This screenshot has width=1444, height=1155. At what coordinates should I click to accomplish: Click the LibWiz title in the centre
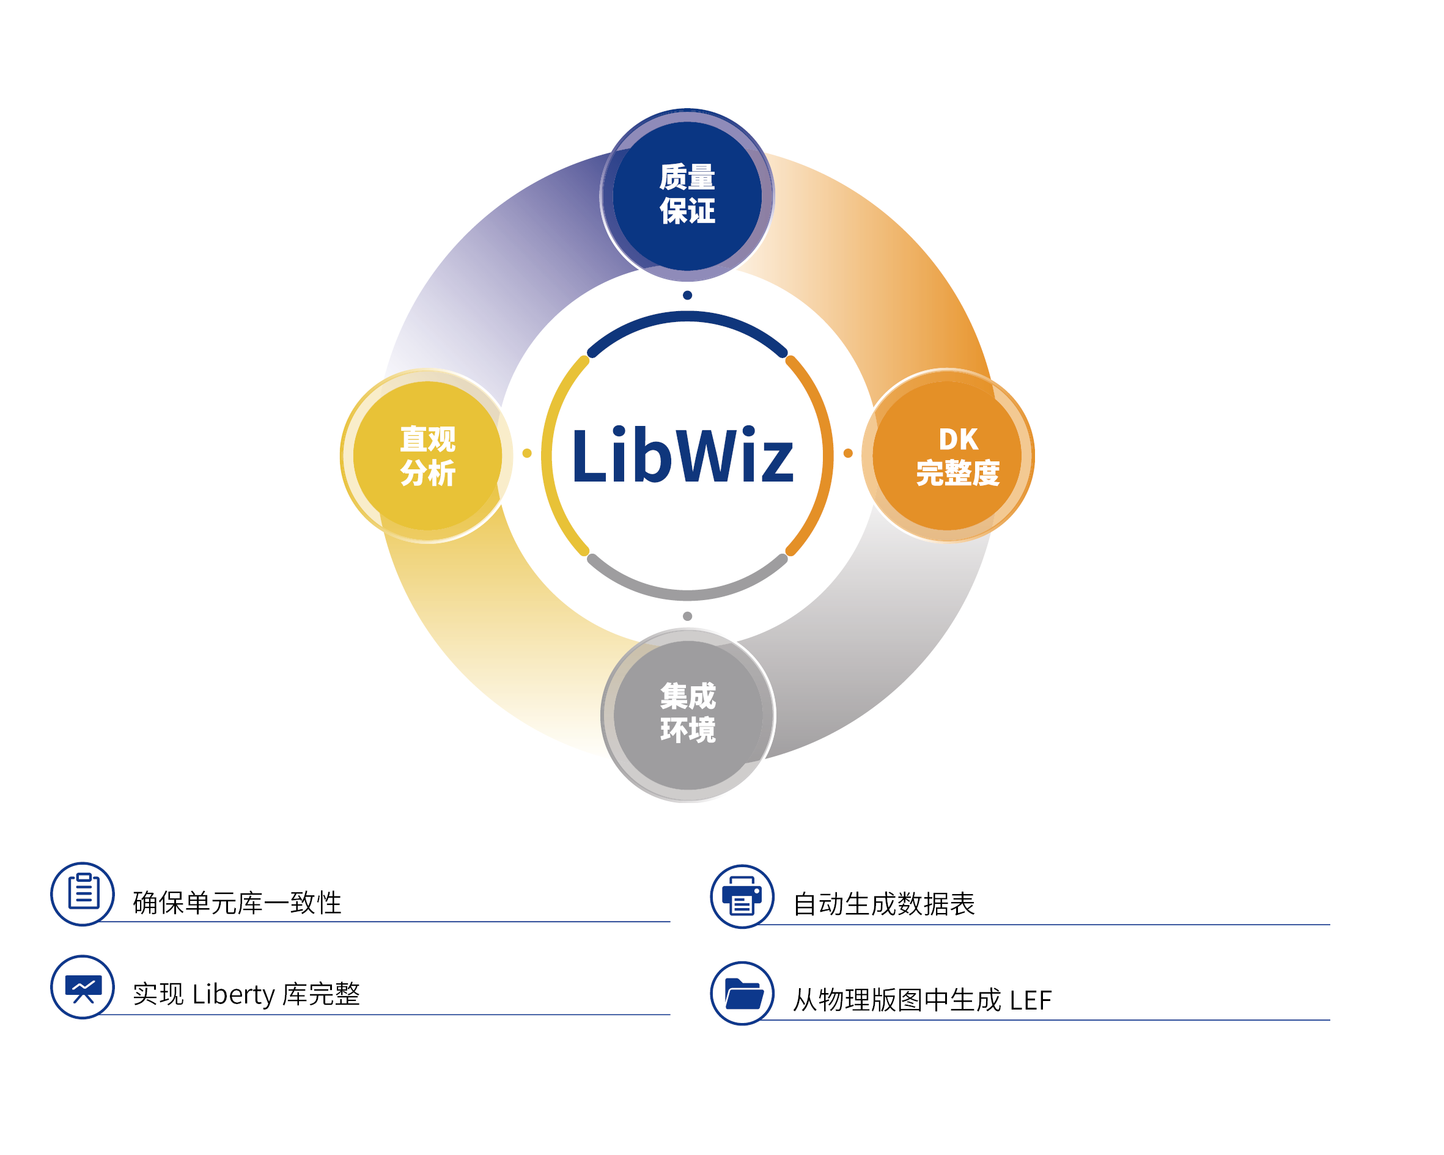(x=682, y=455)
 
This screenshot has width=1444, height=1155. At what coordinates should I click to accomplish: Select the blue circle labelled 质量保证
(x=687, y=196)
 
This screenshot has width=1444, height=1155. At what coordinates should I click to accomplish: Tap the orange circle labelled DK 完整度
(x=947, y=455)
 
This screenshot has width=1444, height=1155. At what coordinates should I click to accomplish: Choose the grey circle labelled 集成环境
(x=688, y=715)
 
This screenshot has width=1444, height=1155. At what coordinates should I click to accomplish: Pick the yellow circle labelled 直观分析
(x=427, y=455)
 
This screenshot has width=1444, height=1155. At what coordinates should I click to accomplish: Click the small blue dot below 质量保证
(x=687, y=295)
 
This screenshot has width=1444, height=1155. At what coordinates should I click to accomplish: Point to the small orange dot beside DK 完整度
(x=848, y=453)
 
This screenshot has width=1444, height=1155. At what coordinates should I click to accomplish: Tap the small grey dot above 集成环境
(x=687, y=616)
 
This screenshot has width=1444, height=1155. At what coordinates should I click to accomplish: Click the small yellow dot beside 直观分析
(x=527, y=453)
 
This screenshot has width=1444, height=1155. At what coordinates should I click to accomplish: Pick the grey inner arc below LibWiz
(x=687, y=595)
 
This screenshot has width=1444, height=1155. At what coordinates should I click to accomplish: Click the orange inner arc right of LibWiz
(x=828, y=455)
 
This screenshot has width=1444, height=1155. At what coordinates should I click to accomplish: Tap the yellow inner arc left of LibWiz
(x=547, y=455)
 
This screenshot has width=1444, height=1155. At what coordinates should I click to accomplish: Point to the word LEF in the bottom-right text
(x=1030, y=1001)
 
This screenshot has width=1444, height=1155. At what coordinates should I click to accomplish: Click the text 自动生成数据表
(x=884, y=904)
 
